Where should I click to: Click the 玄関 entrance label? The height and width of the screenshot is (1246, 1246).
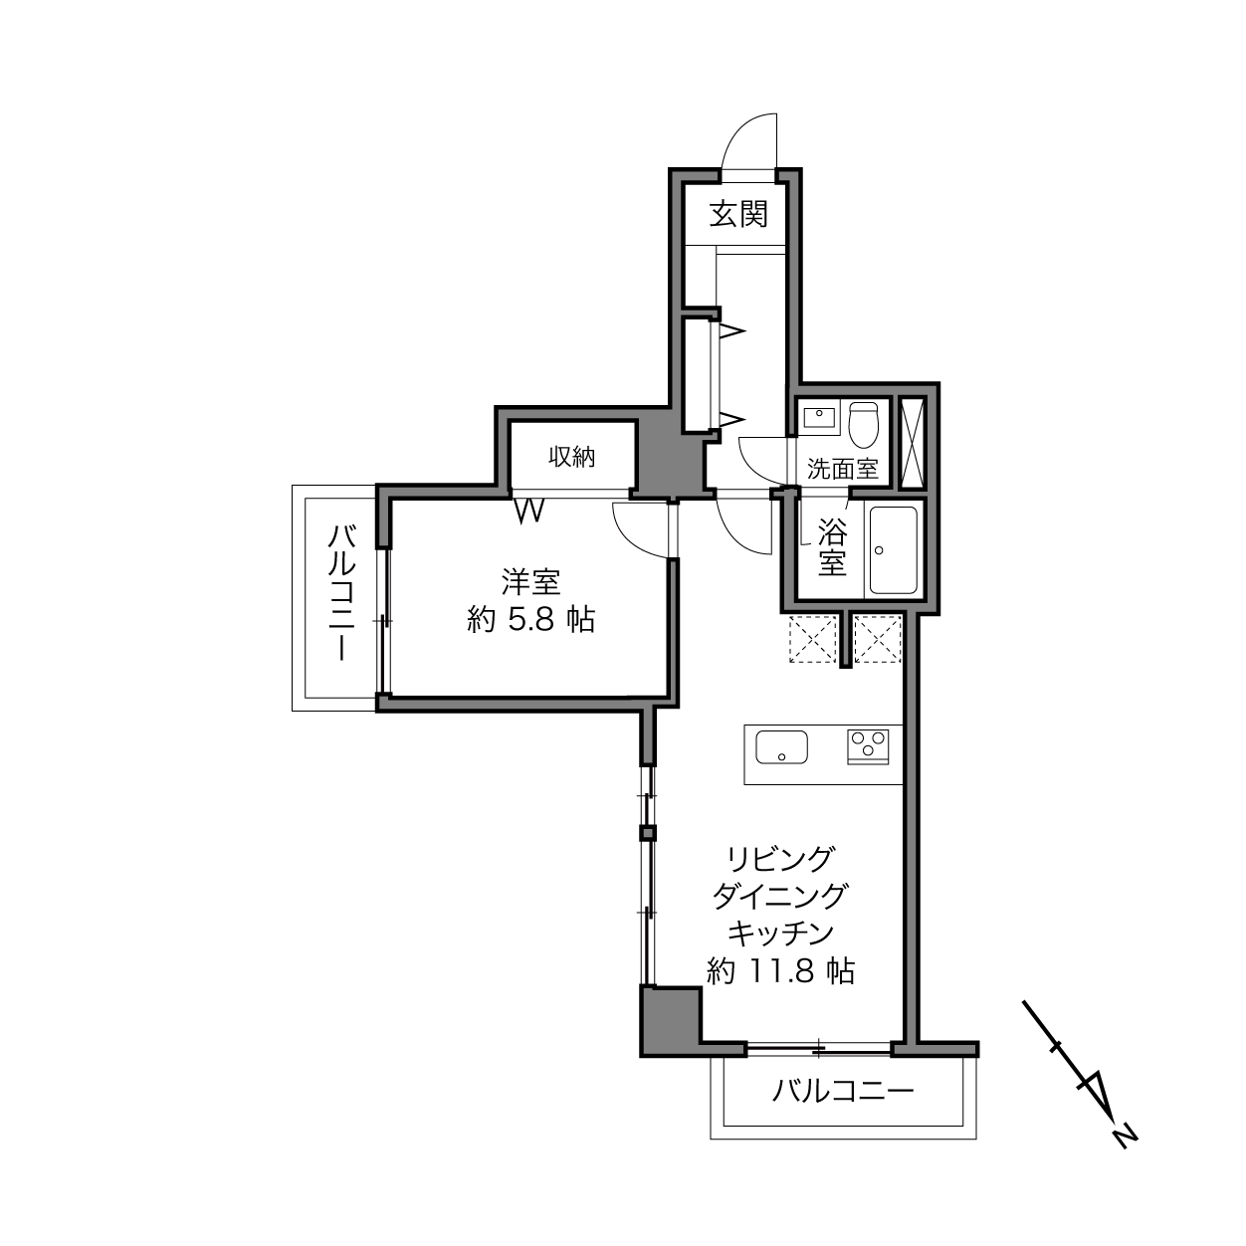pos(738,214)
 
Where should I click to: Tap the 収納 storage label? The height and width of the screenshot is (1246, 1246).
pos(571,457)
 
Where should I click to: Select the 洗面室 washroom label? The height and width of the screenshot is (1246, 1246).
pos(843,469)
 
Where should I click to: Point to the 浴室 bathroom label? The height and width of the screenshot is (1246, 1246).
pos(832,547)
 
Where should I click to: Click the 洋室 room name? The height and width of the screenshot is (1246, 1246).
pos(530,581)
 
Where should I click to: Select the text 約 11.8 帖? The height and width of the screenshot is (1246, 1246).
pos(781,971)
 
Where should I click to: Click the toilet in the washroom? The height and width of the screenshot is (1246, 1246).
pos(863,424)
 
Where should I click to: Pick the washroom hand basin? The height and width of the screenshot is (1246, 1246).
pos(819,418)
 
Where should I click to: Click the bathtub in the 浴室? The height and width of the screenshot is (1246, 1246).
pos(893,549)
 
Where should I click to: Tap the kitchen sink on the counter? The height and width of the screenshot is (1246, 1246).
pos(781,747)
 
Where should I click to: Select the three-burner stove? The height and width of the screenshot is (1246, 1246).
pos(868,746)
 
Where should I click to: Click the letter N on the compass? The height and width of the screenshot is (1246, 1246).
pos(1126,1137)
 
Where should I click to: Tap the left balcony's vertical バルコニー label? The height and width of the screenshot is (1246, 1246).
pos(341,592)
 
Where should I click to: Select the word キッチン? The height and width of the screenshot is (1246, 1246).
pos(780,934)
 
